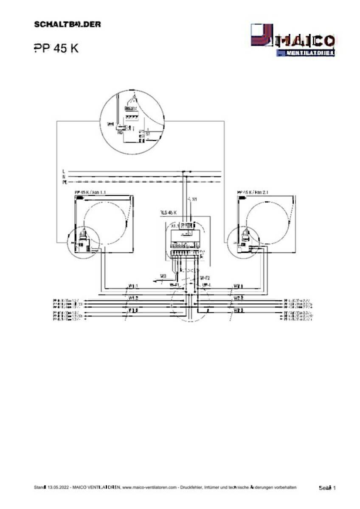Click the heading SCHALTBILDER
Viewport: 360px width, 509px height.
[x=67, y=24]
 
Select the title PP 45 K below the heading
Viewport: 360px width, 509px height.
[x=56, y=48]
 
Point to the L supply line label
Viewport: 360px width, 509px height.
[x=63, y=171]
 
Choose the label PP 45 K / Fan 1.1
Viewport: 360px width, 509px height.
[x=90, y=192]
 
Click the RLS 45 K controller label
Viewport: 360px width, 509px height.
[x=169, y=212]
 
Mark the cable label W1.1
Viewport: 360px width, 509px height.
[x=133, y=285]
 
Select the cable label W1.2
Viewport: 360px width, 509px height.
[x=133, y=298]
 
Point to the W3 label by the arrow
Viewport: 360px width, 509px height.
[x=163, y=277]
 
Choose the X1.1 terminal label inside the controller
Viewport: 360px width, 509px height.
[x=174, y=227]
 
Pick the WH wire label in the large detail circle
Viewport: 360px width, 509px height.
[x=110, y=125]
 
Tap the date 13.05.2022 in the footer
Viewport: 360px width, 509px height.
[x=58, y=488]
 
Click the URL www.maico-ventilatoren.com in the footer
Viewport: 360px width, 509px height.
[x=149, y=488]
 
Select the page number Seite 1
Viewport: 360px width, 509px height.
[x=327, y=488]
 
